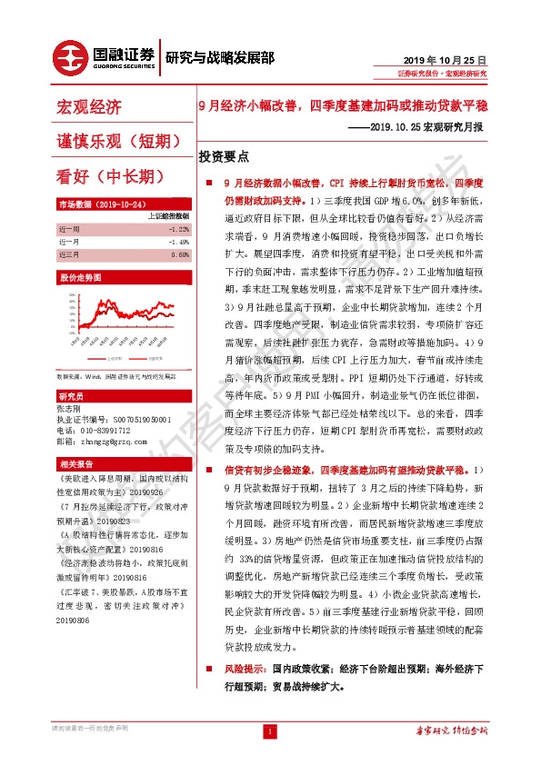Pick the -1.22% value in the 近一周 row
click(x=179, y=229)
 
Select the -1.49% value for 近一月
click(x=179, y=242)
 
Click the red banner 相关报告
click(x=74, y=462)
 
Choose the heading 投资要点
click(x=230, y=156)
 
